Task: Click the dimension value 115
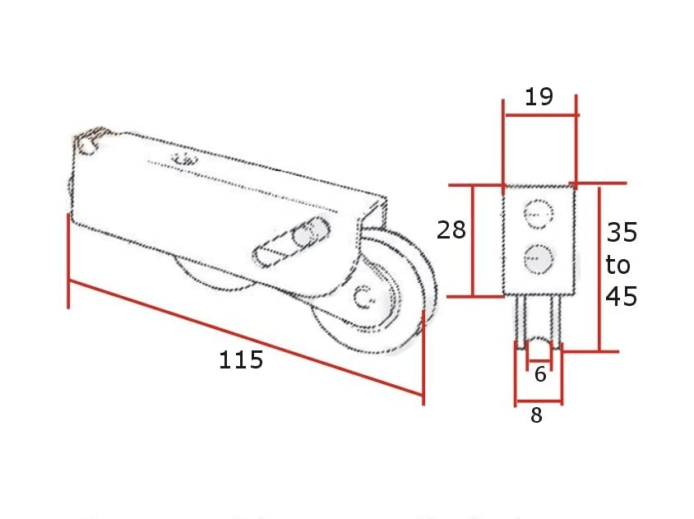pyautogui.click(x=241, y=359)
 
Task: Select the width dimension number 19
pyautogui.click(x=539, y=96)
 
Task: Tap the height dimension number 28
pyautogui.click(x=451, y=229)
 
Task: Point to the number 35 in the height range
pyautogui.click(x=622, y=233)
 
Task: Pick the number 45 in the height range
pyautogui.click(x=622, y=296)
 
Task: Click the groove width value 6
pyautogui.click(x=540, y=374)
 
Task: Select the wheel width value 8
pyautogui.click(x=536, y=416)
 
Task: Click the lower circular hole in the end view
pyautogui.click(x=539, y=258)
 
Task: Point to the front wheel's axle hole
pyautogui.click(x=365, y=297)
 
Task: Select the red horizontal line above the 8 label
pyautogui.click(x=539, y=402)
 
